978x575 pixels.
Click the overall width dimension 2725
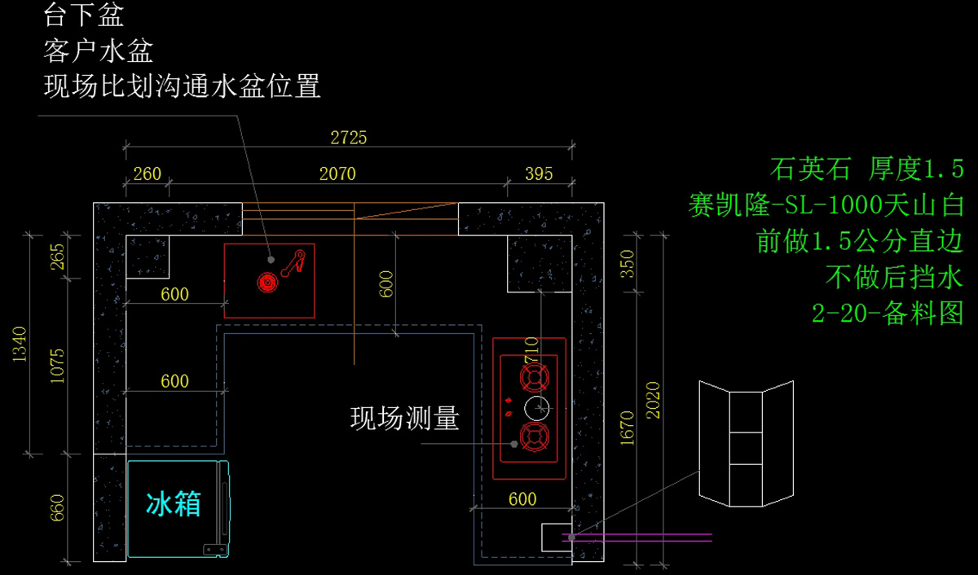[x=348, y=138]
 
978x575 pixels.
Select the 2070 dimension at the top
[x=337, y=173]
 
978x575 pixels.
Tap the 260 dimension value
[x=147, y=173]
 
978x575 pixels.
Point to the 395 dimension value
[x=539, y=173]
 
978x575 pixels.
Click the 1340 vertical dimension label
[x=20, y=345]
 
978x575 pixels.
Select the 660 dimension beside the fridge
[x=56, y=507]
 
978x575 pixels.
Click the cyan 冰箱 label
[x=174, y=504]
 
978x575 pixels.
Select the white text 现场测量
[x=405, y=419]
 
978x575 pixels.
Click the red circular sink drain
[x=267, y=282]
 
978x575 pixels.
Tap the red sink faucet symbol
[x=293, y=260]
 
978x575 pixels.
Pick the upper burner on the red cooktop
[x=533, y=375]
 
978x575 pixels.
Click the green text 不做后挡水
[x=894, y=277]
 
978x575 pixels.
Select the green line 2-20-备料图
[x=888, y=313]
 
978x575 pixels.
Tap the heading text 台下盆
[x=83, y=15]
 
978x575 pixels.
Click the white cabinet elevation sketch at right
[x=746, y=443]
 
